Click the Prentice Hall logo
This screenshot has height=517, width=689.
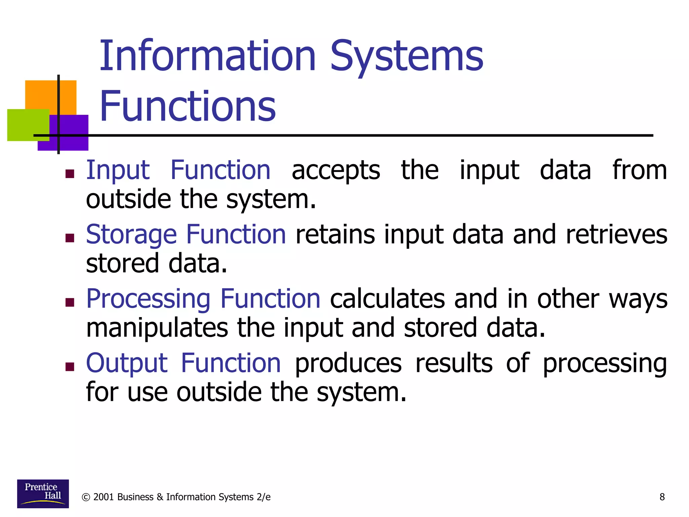click(43, 493)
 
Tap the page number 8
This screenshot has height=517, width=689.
click(662, 497)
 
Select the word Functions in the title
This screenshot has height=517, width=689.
click(187, 106)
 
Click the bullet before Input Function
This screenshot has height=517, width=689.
click(70, 174)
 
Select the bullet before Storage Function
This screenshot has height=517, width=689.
click(70, 238)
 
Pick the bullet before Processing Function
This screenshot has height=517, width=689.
click(70, 302)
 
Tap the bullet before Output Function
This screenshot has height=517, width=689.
click(70, 367)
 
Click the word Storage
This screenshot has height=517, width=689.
click(131, 235)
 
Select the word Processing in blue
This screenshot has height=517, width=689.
click(148, 299)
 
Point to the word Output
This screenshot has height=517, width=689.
click(126, 363)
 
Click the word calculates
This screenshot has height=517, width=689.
click(387, 299)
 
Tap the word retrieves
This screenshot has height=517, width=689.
click(616, 235)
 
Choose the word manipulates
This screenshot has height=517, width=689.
click(157, 328)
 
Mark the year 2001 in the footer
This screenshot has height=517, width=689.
click(103, 497)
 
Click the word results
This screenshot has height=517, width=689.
click(454, 363)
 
